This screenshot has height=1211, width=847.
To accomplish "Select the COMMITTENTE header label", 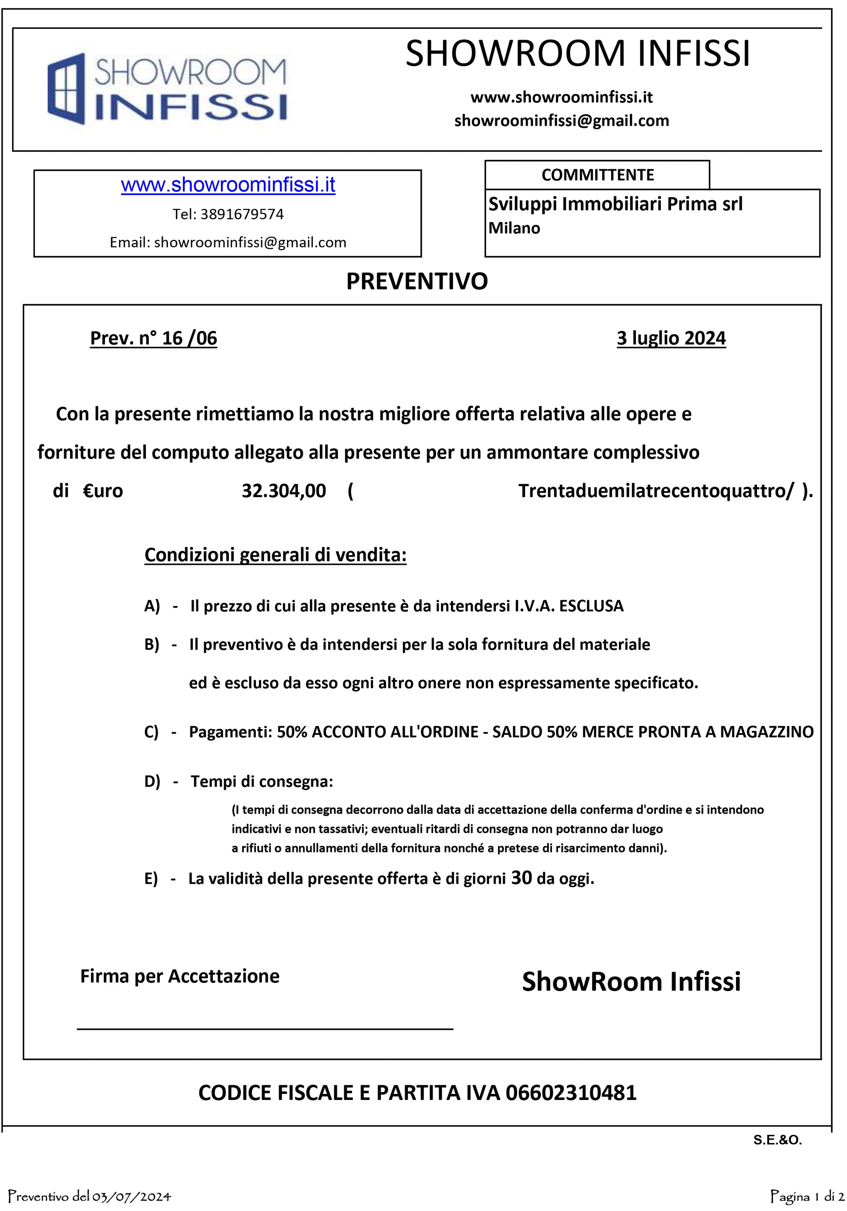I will pyautogui.click(x=597, y=175).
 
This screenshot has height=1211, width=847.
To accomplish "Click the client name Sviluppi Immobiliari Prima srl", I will pyautogui.click(x=615, y=204).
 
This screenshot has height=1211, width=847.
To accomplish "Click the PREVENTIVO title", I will pyautogui.click(x=417, y=282).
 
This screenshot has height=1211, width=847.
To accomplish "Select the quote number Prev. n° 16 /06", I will pyautogui.click(x=154, y=338).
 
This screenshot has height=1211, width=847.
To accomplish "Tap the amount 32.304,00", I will pyautogui.click(x=284, y=491).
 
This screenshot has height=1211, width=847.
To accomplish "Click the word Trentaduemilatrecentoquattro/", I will pyautogui.click(x=655, y=491).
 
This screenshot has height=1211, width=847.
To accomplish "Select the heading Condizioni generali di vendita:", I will pyautogui.click(x=276, y=555).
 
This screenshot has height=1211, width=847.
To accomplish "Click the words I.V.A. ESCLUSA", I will pyautogui.click(x=569, y=606).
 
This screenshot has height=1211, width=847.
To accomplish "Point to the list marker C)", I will pyautogui.click(x=151, y=732).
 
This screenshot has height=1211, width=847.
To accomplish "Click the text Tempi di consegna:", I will pyautogui.click(x=262, y=781).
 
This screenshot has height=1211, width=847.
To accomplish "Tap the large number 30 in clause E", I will pyautogui.click(x=521, y=878).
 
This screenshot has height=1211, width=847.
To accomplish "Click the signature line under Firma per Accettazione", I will pyautogui.click(x=265, y=1028).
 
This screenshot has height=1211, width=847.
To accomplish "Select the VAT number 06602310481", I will pyautogui.click(x=571, y=1093).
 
